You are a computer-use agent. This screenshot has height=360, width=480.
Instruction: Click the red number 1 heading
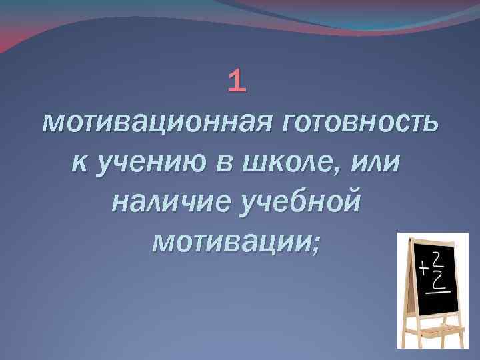pos(237,81)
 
